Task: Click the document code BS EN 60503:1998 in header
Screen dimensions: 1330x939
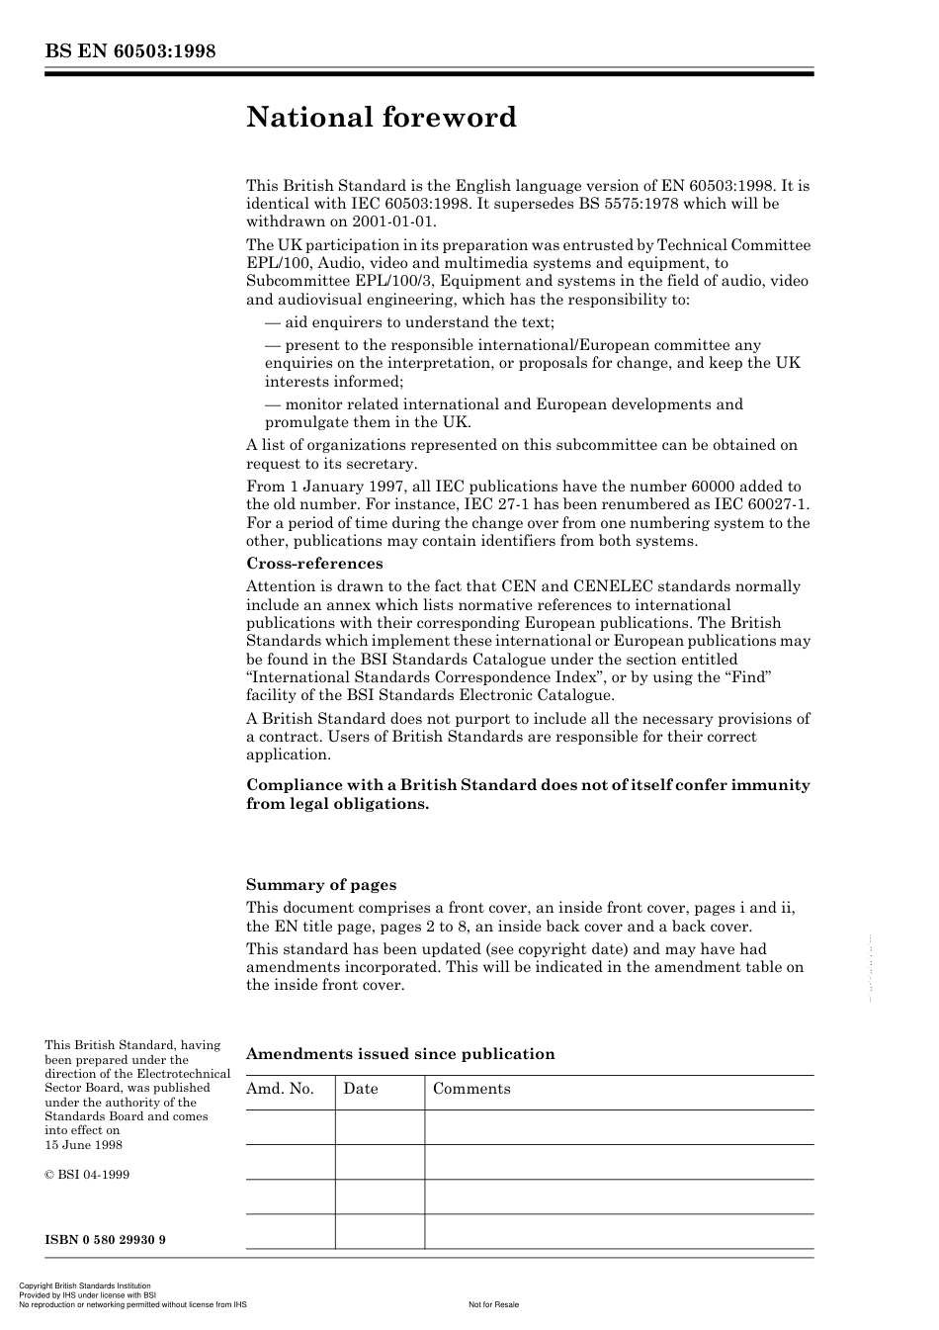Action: [129, 51]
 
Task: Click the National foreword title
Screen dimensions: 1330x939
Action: [382, 118]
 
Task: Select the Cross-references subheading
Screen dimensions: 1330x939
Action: [314, 564]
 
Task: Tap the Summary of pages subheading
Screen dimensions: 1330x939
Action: [321, 885]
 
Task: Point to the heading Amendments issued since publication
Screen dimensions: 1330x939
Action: [400, 1054]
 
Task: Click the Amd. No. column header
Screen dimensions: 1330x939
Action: [280, 1089]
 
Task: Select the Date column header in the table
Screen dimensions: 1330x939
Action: [361, 1089]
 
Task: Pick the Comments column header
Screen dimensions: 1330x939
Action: [471, 1089]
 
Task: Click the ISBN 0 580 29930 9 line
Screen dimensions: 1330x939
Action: [105, 1239]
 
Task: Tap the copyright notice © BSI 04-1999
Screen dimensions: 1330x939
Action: [87, 1175]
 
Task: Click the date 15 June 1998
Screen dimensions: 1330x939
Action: [84, 1145]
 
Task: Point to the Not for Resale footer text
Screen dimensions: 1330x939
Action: [493, 1304]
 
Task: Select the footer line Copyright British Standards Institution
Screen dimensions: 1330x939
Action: [85, 1286]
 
